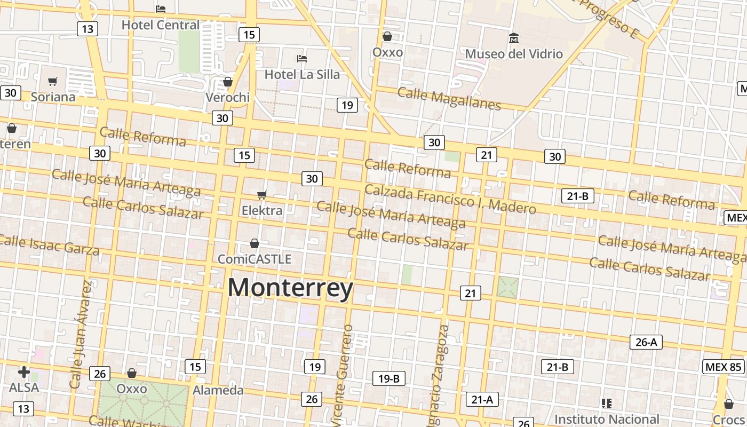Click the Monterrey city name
click(290, 288)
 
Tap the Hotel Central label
click(160, 25)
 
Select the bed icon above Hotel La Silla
click(302, 58)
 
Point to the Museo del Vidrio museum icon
click(514, 38)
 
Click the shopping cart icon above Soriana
click(52, 82)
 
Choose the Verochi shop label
click(228, 97)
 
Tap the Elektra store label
click(262, 210)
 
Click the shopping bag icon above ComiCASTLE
click(255, 243)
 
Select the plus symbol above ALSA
click(24, 372)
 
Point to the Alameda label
click(218, 390)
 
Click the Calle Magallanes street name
click(449, 99)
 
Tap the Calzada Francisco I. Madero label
click(450, 199)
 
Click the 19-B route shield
click(388, 378)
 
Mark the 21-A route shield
click(482, 399)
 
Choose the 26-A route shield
click(646, 342)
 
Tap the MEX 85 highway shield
click(723, 367)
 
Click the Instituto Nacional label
click(607, 419)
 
